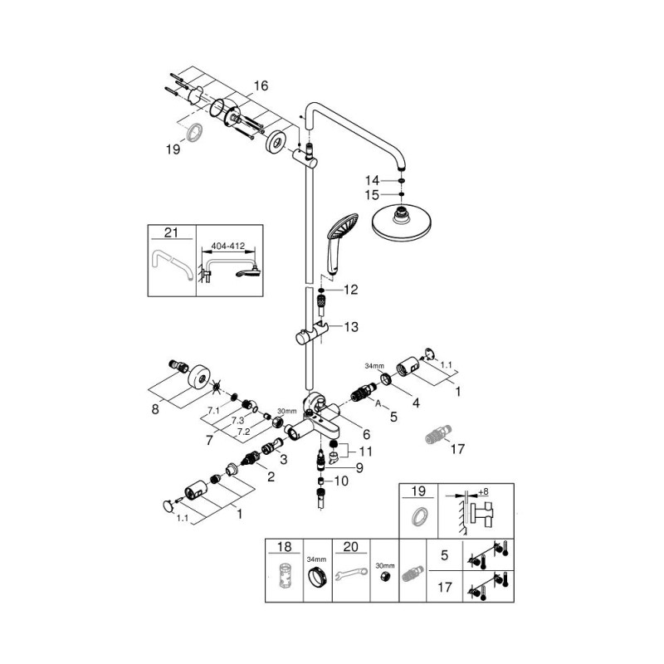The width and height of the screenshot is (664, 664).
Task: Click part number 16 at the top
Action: coord(261,85)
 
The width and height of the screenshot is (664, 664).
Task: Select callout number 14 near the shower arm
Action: coord(373,179)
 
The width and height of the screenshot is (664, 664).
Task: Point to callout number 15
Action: coord(373,195)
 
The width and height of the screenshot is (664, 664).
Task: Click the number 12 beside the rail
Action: coord(350,290)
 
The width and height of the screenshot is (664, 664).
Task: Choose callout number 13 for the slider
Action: coord(351,328)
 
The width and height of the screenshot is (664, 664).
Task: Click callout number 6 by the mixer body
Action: coord(366,432)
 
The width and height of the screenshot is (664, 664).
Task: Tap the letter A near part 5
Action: coord(378,402)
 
